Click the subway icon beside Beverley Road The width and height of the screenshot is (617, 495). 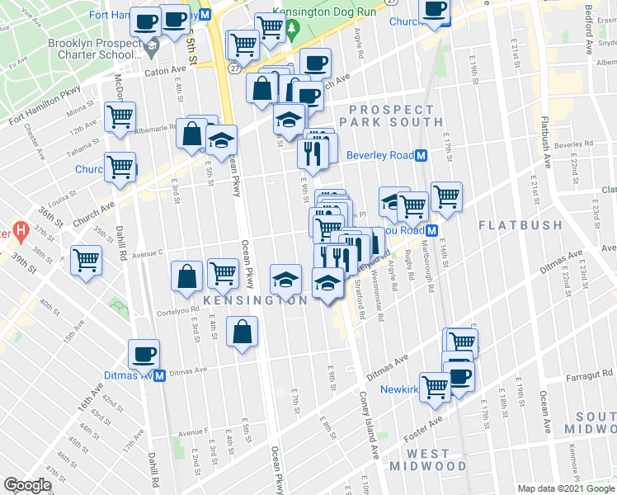pos(421,155)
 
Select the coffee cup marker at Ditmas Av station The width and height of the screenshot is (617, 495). pos(143,356)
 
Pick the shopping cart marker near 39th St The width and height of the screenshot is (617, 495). pos(86,261)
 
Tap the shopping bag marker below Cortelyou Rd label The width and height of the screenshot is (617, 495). pos(241,333)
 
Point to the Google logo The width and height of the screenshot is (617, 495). pos(27,485)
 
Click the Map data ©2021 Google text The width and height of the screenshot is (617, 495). pos(566,489)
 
